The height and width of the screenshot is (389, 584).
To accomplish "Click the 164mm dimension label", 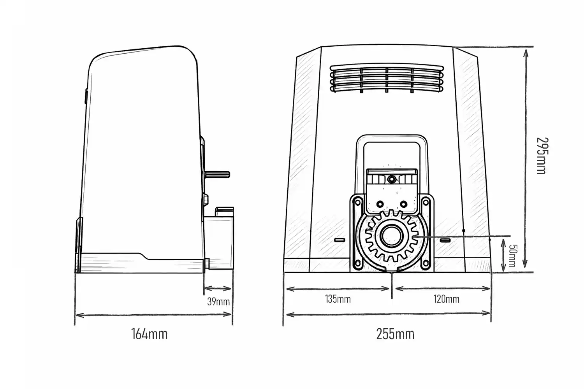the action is tap(149, 334).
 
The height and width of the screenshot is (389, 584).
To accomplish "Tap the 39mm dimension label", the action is tap(218, 302).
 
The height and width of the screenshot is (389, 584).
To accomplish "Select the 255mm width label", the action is tap(395, 334).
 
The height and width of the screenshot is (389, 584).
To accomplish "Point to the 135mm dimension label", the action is tap(338, 299).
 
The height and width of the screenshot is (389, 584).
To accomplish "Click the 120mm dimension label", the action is tap(446, 299).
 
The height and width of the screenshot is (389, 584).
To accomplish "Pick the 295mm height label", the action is tap(542, 156).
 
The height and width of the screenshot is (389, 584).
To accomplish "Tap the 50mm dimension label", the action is tap(512, 256).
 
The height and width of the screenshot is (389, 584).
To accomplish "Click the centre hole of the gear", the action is tap(392, 236).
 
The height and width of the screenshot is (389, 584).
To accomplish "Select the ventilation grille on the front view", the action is tap(387, 78).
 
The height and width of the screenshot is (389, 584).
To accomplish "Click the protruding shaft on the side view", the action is tap(218, 174).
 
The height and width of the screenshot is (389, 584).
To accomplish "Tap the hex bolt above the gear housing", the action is tap(391, 179).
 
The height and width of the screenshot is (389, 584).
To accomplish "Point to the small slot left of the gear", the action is tap(340, 240).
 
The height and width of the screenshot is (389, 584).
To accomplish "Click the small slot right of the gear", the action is tap(445, 240).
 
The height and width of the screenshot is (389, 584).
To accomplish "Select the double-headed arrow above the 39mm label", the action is tap(218, 288).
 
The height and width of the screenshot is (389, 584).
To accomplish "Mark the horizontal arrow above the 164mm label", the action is tap(153, 315).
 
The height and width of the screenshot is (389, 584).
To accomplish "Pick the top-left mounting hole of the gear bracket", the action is tap(357, 202).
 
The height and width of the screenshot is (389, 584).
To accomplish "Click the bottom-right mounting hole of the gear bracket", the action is tap(426, 264).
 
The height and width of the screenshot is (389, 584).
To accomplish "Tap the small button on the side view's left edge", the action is tap(86, 96).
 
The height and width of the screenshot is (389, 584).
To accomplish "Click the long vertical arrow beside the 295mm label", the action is tap(526, 158).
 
